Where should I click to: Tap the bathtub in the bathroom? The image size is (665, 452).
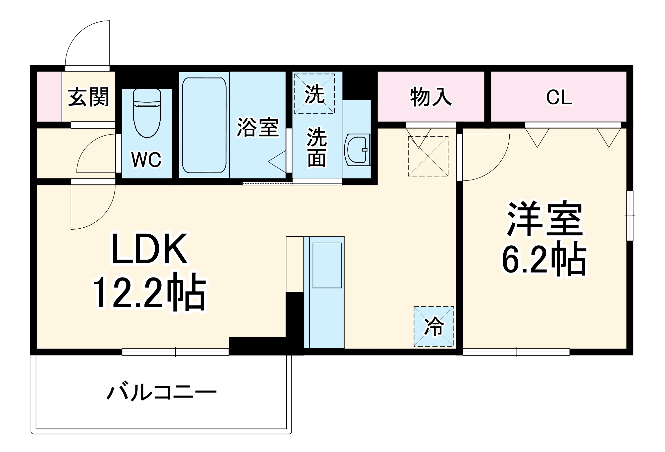[204, 125]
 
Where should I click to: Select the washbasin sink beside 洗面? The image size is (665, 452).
[356, 150]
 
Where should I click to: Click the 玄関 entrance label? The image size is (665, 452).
[88, 97]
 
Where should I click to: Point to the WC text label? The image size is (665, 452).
[146, 160]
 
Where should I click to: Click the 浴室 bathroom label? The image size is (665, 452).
[257, 127]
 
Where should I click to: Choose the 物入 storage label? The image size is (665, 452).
[431, 97]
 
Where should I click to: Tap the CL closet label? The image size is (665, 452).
[559, 97]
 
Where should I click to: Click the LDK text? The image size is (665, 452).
[149, 249]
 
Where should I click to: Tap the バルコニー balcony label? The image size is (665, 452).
[162, 393]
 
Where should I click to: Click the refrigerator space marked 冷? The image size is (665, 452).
[434, 326]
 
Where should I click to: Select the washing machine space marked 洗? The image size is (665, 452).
[314, 94]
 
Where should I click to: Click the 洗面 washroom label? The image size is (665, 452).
[317, 147]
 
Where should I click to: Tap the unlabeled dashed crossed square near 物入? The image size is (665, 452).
[428, 156]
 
